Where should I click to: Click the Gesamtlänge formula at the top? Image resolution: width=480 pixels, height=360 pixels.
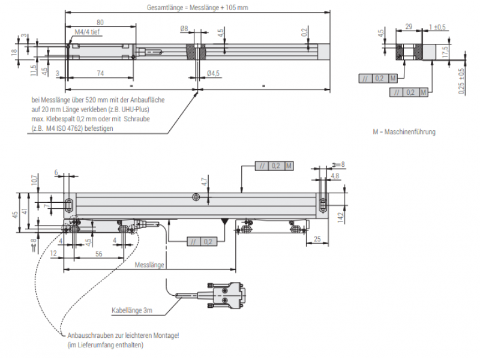pos(197,8)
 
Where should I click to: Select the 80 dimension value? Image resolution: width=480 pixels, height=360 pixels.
pos(99,22)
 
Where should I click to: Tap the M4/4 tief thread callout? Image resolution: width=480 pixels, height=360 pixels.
pos(88,32)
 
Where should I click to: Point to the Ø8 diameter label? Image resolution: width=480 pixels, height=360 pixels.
pos(184,29)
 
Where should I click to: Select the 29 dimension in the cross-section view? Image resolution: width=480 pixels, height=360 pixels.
pos(408,27)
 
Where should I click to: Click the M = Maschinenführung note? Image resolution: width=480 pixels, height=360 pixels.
pos(404,132)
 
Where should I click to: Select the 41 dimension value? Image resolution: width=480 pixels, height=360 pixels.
pos(25,211)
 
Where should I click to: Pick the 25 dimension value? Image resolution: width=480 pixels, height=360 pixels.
pos(316,239)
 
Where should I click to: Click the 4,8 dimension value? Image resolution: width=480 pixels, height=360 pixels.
pos(335,176)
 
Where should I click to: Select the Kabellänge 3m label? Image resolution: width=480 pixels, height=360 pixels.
pos(132,311)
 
